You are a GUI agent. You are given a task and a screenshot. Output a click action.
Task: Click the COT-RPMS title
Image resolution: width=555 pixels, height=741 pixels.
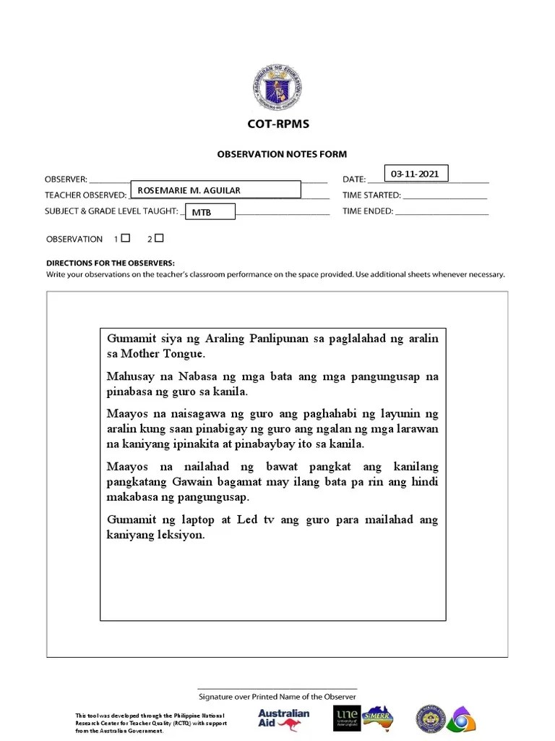(x=277, y=124)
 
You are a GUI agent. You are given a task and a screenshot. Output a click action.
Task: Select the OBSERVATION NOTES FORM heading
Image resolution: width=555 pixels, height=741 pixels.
(x=282, y=154)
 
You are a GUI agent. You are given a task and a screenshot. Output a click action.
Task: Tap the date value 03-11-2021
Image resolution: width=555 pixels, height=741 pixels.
(x=416, y=174)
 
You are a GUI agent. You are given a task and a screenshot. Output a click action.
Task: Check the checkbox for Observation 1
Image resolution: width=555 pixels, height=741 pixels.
(x=126, y=237)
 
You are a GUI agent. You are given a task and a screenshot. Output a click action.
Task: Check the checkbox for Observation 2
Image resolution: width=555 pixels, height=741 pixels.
(x=159, y=237)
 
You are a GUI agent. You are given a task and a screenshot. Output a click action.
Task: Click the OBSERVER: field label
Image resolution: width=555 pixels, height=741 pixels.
(x=66, y=179)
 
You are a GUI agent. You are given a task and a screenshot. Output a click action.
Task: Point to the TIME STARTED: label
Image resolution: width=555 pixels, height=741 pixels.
(x=371, y=195)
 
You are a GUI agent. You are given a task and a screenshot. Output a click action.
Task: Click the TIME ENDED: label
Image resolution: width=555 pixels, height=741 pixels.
(x=368, y=212)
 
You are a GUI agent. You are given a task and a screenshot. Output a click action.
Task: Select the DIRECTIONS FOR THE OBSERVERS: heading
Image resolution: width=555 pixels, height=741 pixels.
(x=111, y=263)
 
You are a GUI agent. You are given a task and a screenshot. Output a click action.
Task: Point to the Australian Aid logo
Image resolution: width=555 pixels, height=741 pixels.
(x=283, y=718)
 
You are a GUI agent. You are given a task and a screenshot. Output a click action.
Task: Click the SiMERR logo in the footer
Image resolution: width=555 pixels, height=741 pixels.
(x=378, y=717)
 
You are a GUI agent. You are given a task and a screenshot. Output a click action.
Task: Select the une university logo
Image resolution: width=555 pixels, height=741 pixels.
(x=347, y=718)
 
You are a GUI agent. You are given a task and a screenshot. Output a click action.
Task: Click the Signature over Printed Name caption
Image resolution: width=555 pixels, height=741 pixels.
(x=277, y=697)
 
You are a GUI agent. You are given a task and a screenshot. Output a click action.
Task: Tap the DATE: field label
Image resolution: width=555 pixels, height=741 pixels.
(x=353, y=179)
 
